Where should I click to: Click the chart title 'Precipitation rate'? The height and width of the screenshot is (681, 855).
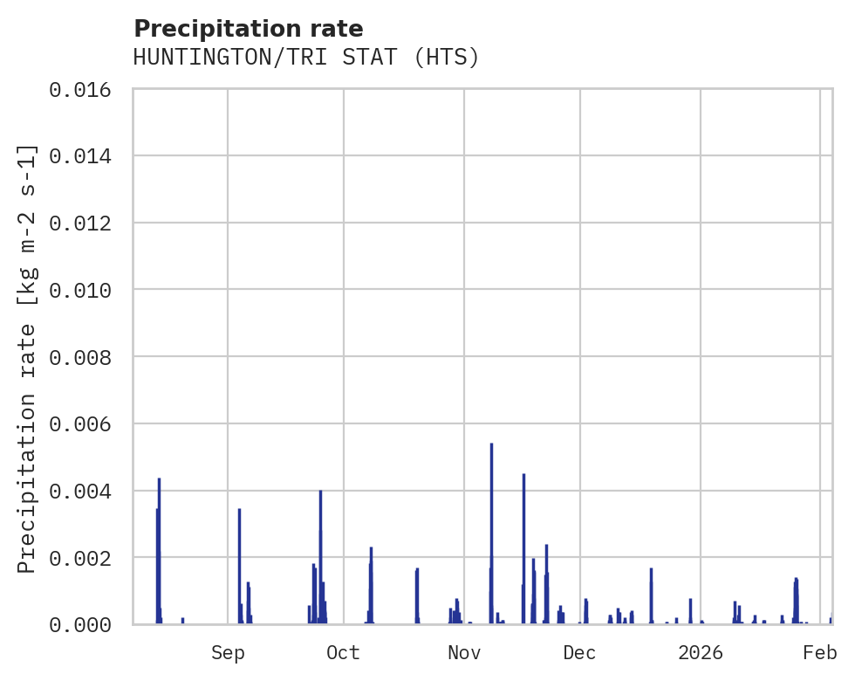coord(248,28)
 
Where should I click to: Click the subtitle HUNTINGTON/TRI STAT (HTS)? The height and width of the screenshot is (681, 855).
coord(306,58)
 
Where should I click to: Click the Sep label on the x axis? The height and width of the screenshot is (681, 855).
coord(228,652)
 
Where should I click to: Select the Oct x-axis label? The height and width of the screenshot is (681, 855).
coord(343,652)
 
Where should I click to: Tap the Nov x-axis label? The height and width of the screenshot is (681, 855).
coord(463,652)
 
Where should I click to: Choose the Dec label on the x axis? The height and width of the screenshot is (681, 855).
coord(579,652)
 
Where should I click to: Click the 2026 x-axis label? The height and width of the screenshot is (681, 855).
coord(701,652)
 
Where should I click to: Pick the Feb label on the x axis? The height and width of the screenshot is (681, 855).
coord(820,652)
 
